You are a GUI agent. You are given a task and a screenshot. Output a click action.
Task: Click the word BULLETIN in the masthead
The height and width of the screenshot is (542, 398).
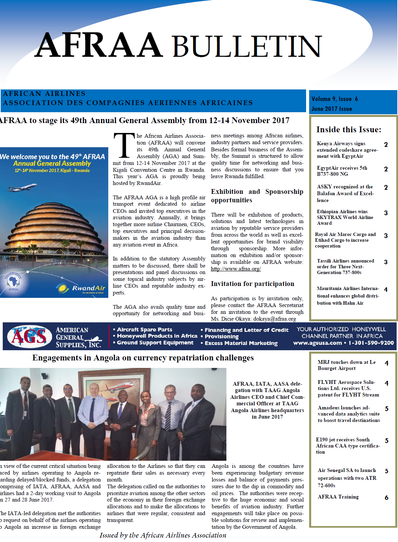tap(247, 46)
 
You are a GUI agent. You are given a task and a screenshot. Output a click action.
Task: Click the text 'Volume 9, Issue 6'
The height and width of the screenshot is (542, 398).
tap(335, 99)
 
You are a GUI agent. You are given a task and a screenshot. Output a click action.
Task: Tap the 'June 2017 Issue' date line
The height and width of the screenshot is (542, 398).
tap(332, 109)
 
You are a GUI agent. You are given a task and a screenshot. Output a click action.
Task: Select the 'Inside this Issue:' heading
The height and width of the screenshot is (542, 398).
tap(349, 130)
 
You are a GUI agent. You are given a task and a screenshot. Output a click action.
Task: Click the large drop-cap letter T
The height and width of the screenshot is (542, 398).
tap(124, 146)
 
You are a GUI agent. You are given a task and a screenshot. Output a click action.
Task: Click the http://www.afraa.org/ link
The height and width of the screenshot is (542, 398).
tap(236, 269)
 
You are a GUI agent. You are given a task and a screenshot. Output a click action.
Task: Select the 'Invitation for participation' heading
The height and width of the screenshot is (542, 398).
tap(252, 284)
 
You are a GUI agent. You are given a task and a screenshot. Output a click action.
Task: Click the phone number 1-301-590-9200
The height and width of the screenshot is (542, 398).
tap(371, 343)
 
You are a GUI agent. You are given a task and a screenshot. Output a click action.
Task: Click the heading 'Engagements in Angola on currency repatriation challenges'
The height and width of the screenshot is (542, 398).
tap(143, 358)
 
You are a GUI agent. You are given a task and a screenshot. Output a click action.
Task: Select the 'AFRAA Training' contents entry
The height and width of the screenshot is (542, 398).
tap(338, 497)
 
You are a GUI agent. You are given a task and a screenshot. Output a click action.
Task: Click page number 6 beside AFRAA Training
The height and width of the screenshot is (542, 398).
tap(386, 497)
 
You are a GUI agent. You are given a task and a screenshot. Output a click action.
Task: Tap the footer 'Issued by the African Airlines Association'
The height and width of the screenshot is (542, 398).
tap(163, 535)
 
